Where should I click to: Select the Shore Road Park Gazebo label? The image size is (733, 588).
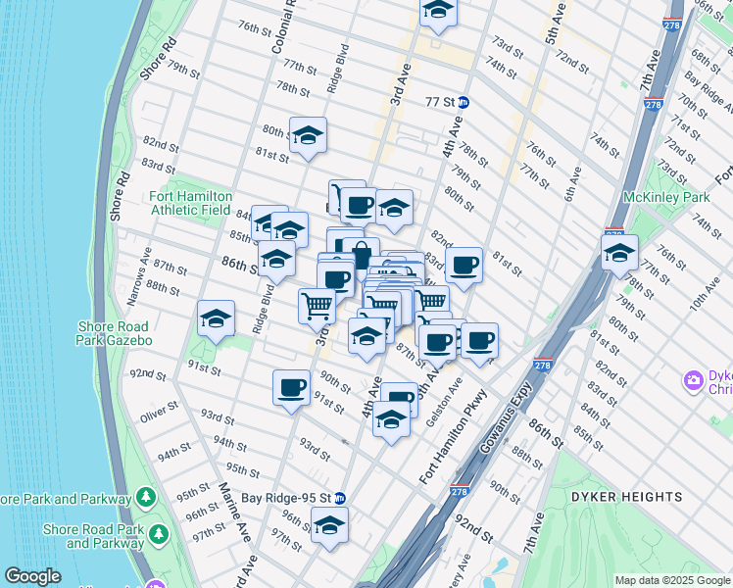pos(114,333)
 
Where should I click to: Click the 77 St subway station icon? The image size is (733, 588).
pos(465,101)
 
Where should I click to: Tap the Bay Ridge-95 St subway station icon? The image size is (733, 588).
pos(340,497)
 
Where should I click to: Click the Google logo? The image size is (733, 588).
pos(32,576)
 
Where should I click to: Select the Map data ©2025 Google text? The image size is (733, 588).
pos(672,580)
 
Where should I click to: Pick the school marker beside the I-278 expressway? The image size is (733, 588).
pos(619,253)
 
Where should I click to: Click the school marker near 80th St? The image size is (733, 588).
pos(308,136)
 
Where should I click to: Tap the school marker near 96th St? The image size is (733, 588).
pos(330,525)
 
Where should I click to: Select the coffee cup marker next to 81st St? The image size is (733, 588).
pos(464,265)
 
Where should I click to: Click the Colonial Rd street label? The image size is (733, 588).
pos(282,27)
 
